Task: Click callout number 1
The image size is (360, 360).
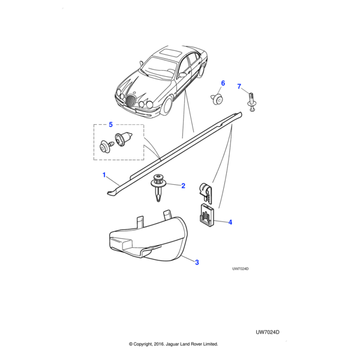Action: click(104, 175)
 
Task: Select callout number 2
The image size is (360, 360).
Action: click(183, 186)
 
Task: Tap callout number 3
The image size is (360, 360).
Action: click(196, 261)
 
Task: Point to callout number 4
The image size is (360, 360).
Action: click(230, 222)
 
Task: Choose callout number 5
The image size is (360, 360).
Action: click(110, 125)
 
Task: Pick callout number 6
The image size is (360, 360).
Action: click(223, 83)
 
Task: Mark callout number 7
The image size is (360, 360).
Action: click(239, 87)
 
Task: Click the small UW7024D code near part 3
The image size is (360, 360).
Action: click(240, 269)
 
